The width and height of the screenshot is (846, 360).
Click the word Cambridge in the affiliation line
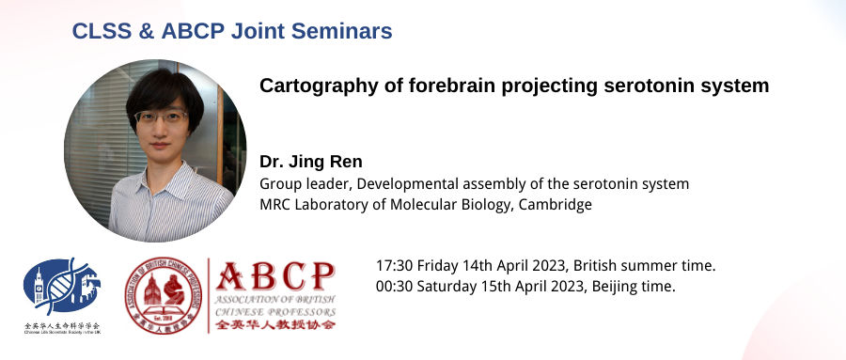[x=558, y=204]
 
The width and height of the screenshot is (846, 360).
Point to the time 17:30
[x=394, y=266]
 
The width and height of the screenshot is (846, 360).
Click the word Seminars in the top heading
[x=344, y=31]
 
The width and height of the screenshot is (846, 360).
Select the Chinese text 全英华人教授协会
[x=274, y=324]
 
